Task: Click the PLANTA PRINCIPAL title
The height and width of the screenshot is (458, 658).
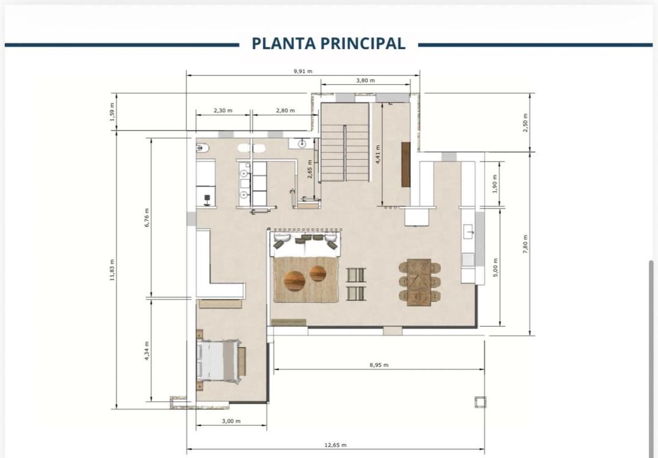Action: pyautogui.click(x=328, y=44)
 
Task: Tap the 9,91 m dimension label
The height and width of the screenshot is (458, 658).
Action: pyautogui.click(x=303, y=71)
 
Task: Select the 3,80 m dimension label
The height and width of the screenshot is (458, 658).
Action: pyautogui.click(x=366, y=80)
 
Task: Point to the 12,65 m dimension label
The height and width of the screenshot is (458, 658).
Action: pyautogui.click(x=336, y=445)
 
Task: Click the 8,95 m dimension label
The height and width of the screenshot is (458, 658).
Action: pyautogui.click(x=379, y=365)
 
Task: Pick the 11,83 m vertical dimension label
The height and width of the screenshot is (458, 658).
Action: pyautogui.click(x=112, y=270)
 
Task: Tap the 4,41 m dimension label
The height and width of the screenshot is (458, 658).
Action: pyautogui.click(x=378, y=154)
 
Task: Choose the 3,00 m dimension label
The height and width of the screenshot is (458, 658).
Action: pyautogui.click(x=231, y=421)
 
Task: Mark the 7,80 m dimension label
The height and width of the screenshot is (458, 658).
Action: pyautogui.click(x=525, y=244)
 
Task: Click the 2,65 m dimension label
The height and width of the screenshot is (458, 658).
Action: pyautogui.click(x=310, y=169)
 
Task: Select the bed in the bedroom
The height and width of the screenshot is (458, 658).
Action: pyautogui.click(x=219, y=361)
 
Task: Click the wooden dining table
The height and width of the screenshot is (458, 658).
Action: pyautogui.click(x=419, y=282)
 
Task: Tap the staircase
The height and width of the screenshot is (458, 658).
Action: pyautogui.click(x=345, y=142)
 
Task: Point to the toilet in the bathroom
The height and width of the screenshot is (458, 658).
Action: pyautogui.click(x=203, y=148)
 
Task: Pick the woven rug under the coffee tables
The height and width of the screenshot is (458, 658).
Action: pyautogui.click(x=306, y=279)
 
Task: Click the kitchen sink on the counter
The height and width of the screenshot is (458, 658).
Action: pyautogui.click(x=468, y=231)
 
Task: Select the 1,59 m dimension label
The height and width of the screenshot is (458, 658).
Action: pyautogui.click(x=112, y=112)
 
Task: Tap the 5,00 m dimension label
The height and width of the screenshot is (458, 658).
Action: pyautogui.click(x=495, y=267)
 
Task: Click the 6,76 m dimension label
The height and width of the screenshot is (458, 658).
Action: pyautogui.click(x=146, y=218)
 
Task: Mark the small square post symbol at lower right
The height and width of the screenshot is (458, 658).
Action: pyautogui.click(x=480, y=402)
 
